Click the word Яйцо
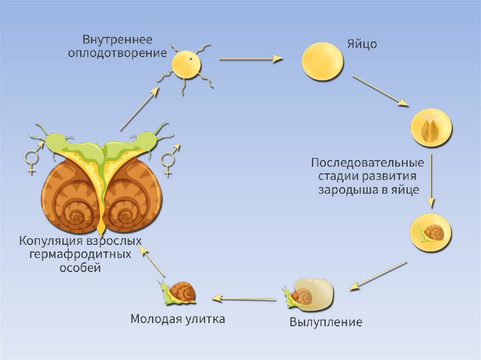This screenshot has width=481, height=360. [362, 45]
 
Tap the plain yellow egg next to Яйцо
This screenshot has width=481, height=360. [322, 61]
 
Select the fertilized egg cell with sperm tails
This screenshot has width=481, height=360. [186, 66]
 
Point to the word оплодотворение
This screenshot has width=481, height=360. [117, 53]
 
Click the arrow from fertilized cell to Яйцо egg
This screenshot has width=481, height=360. [250, 59]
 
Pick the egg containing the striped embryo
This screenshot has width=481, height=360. [431, 128]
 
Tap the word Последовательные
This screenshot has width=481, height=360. [367, 163]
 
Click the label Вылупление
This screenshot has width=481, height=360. [326, 322]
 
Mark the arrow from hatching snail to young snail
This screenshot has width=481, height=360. [244, 298]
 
